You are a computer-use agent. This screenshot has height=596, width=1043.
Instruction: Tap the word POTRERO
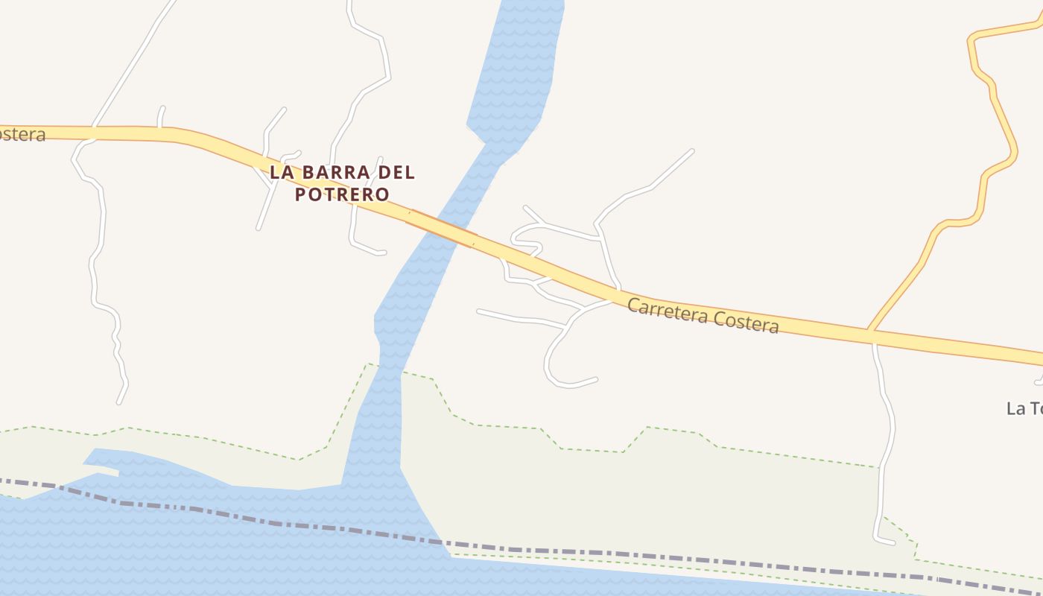pos(342,194)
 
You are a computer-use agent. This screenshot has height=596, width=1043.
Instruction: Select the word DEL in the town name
pos(396,172)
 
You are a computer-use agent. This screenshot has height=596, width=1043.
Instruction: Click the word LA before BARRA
pos(282,172)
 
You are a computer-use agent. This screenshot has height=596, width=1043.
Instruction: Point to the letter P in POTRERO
pos(301,194)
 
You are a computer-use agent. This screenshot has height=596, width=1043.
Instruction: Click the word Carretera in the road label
pos(667,311)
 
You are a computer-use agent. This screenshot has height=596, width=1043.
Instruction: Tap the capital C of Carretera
pos(633,305)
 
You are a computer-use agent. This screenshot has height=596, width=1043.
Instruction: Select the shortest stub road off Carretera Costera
pos(161,116)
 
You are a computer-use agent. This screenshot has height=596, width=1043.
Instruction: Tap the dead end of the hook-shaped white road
pos(595,379)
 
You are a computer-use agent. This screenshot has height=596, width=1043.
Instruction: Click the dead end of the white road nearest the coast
pos(893,542)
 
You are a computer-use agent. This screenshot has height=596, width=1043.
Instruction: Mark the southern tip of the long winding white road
pos(119,403)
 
